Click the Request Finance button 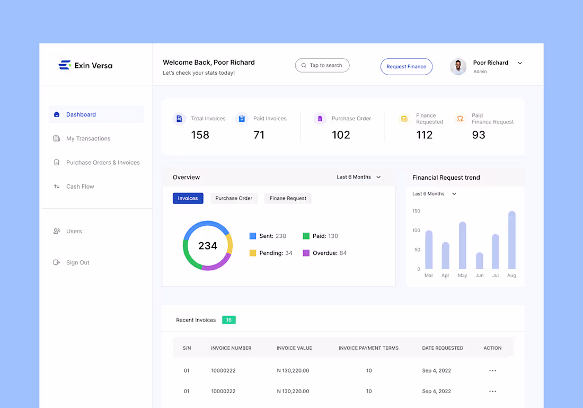[x=406, y=67]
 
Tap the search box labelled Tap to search [x=322, y=65]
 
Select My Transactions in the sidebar [x=88, y=139]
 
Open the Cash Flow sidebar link [x=80, y=187]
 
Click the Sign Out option [x=77, y=263]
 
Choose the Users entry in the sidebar [x=74, y=232]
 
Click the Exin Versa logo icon [x=65, y=65]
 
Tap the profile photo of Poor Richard [x=458, y=66]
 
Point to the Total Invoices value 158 [x=200, y=135]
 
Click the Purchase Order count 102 [x=341, y=135]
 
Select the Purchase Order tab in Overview [x=234, y=198]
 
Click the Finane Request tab [x=288, y=198]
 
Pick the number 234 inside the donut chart [x=208, y=246]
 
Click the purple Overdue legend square [x=306, y=253]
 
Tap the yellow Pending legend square [x=253, y=253]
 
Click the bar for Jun [x=480, y=261]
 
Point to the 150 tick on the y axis [x=416, y=211]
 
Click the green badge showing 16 [x=228, y=320]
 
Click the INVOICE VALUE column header [x=294, y=348]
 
